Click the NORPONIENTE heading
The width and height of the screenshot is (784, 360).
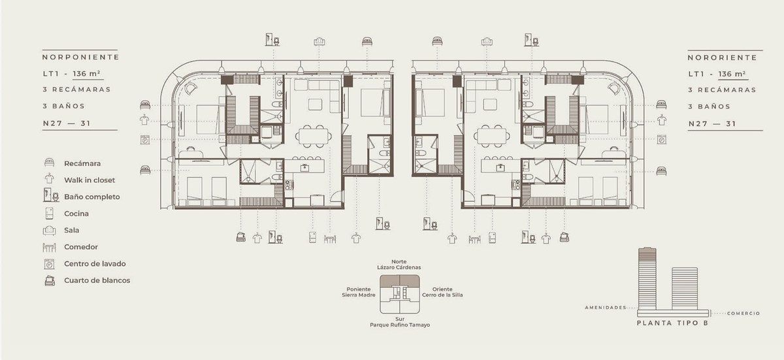[x=81, y=57]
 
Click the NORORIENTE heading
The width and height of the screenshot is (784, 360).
[x=723, y=57]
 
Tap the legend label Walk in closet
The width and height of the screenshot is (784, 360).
[x=90, y=180]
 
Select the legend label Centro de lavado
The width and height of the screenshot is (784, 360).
[x=95, y=264]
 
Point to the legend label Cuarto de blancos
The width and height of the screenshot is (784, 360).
[x=97, y=280]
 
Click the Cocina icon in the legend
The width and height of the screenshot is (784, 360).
[x=50, y=214]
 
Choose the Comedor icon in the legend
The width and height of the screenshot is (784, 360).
[x=50, y=248]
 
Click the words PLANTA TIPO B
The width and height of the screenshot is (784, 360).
[x=672, y=323]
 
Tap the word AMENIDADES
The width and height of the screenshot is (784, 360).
[x=606, y=308]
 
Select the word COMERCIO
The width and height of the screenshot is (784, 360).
[x=743, y=314]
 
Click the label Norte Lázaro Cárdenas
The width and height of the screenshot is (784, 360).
[x=399, y=265]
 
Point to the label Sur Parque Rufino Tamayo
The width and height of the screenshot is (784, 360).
[x=400, y=322]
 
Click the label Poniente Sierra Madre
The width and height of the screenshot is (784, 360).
[x=359, y=292]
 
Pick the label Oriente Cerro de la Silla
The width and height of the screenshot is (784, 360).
[x=442, y=292]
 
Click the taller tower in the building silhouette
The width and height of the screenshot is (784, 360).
[x=647, y=279]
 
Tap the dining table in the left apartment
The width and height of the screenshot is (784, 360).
[x=314, y=136]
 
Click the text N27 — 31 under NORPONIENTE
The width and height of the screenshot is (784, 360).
[x=67, y=123]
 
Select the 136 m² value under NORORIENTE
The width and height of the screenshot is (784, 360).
[x=732, y=74]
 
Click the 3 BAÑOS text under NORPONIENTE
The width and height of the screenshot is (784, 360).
[x=64, y=106]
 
